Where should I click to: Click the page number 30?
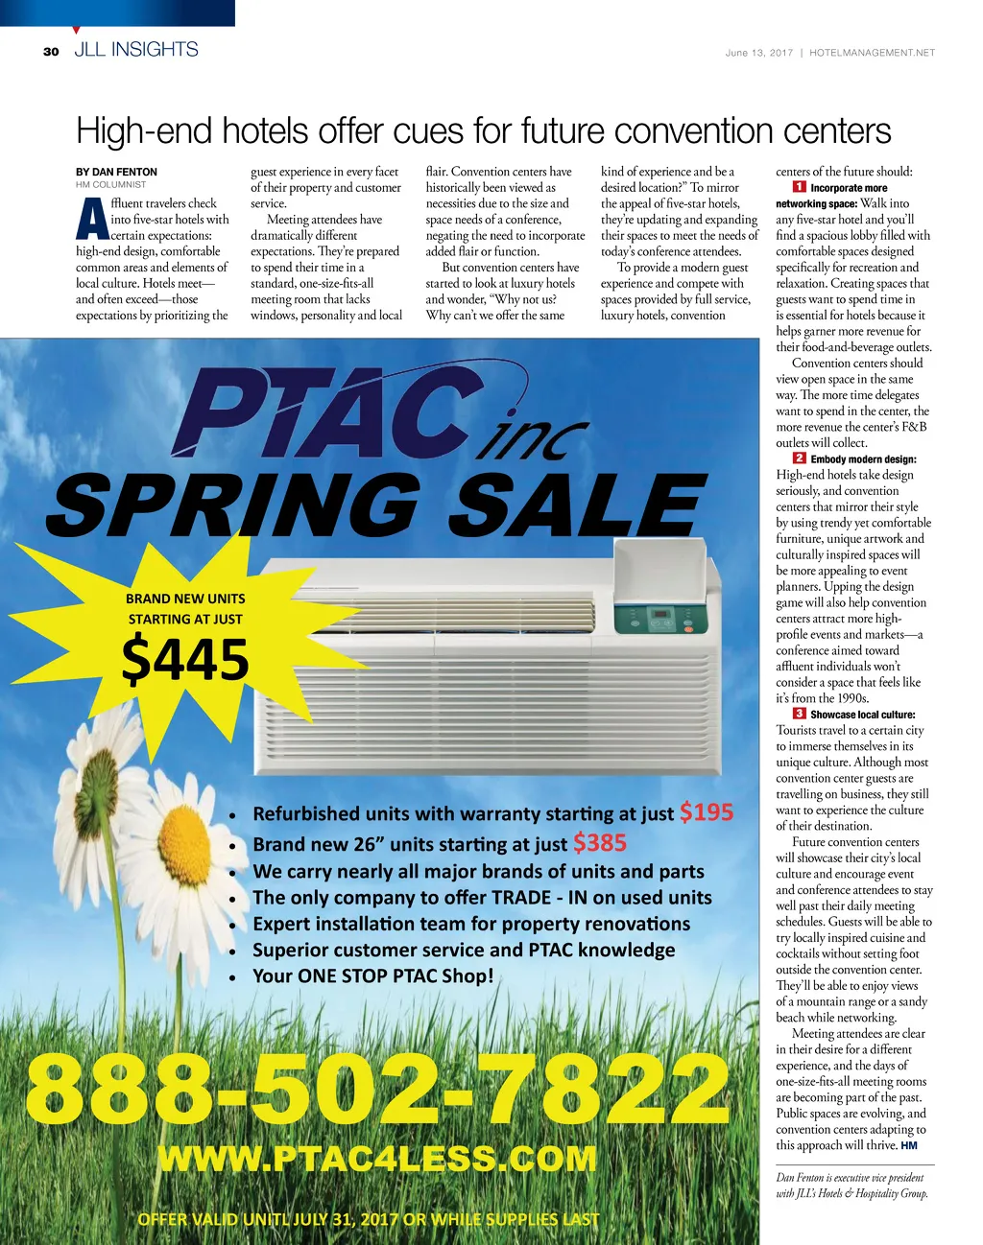[51, 52]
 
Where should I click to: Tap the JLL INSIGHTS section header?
[135, 50]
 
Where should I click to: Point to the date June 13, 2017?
[758, 53]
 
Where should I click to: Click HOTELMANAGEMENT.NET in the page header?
[872, 53]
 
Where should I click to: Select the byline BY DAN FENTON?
[116, 172]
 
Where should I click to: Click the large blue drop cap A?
[91, 220]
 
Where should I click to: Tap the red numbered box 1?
[799, 187]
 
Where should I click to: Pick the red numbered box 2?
[799, 458]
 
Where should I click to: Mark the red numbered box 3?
[799, 714]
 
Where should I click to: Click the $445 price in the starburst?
[185, 660]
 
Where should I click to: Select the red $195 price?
[706, 812]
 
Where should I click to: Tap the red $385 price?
[599, 843]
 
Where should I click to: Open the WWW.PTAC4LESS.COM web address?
[376, 1158]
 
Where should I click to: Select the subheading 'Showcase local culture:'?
[862, 715]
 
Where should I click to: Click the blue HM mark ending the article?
[909, 1145]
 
